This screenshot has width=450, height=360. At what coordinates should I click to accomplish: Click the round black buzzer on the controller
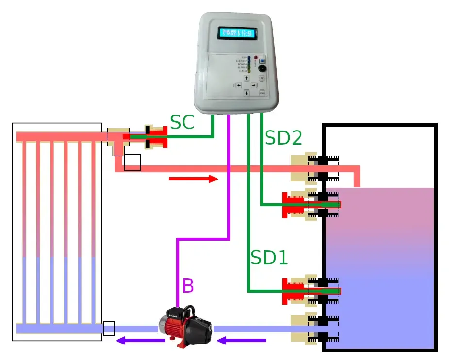262,69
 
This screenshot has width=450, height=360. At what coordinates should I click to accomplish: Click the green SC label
183,123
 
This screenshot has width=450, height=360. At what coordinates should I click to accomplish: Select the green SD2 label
283,138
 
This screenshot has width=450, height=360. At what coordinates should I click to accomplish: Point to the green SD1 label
269,258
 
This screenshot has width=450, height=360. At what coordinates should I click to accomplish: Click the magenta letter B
188,286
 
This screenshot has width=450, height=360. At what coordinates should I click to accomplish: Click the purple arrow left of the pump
140,341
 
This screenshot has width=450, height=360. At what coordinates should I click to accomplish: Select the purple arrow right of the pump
241,341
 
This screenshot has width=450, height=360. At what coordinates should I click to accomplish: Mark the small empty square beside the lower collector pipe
109,328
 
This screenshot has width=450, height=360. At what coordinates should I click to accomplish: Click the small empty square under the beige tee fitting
133,163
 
